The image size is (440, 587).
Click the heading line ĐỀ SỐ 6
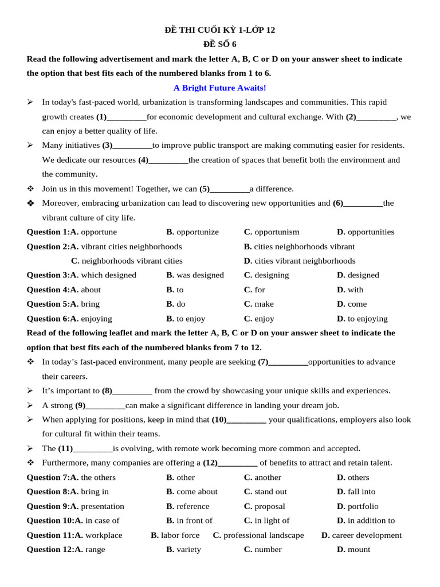[x=220, y=44]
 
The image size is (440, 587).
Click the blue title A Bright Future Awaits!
[x=220, y=88]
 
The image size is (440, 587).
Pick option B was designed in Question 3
[x=195, y=275]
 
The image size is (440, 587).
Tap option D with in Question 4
[x=350, y=290]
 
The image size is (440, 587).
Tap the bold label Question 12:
[x=49, y=550]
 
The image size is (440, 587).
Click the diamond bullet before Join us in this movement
[x=30, y=189]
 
